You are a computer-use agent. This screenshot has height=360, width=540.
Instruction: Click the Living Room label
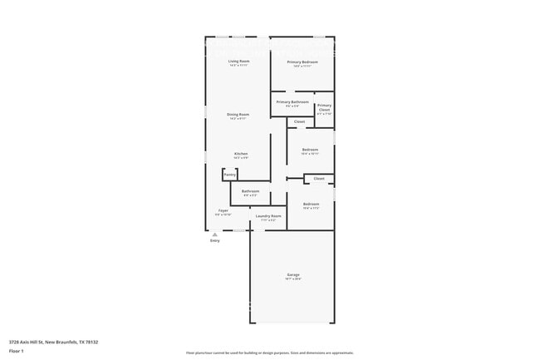(239, 62)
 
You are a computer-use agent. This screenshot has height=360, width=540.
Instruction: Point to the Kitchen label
(240, 154)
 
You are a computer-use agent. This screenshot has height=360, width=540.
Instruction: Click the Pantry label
(229, 175)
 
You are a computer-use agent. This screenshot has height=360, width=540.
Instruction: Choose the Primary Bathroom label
(292, 102)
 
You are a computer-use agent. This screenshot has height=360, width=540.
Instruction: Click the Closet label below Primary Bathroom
(299, 121)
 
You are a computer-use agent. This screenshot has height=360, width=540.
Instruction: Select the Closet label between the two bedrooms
(318, 178)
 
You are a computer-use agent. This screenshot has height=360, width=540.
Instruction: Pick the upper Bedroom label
(310, 150)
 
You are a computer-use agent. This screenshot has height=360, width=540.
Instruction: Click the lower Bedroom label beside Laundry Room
(311, 204)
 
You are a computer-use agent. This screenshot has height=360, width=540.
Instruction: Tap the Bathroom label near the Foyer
(250, 191)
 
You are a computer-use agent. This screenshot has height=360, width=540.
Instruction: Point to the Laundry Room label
(268, 216)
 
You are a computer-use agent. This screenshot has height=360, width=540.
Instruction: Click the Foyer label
(223, 210)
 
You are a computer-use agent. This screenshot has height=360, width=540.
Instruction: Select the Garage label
(293, 274)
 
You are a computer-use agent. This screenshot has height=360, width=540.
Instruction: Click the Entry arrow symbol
(214, 234)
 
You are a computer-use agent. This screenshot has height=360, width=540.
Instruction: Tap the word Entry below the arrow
(214, 240)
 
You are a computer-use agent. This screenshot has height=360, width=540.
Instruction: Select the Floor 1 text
(17, 351)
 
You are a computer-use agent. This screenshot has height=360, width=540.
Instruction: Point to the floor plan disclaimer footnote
(269, 353)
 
